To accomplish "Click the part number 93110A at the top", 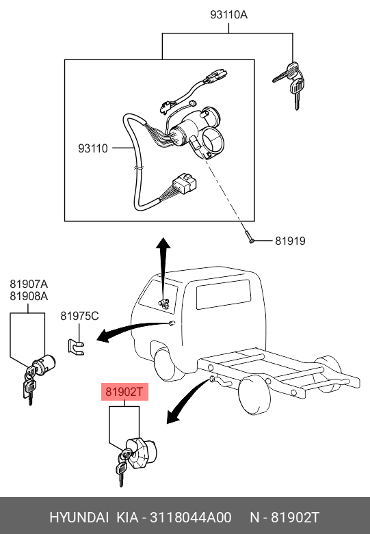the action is [228, 14].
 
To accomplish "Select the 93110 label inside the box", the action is [93, 148].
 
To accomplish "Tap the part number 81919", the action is [290, 241].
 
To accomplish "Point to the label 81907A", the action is [29, 284].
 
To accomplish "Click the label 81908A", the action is [29, 296].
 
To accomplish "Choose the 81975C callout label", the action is [79, 316].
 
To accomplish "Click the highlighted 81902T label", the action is [124, 392].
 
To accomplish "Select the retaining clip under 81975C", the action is [76, 347].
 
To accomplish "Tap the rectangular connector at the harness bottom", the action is [185, 183].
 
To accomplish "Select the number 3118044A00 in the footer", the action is [191, 518].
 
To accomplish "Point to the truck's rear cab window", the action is [224, 294].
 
